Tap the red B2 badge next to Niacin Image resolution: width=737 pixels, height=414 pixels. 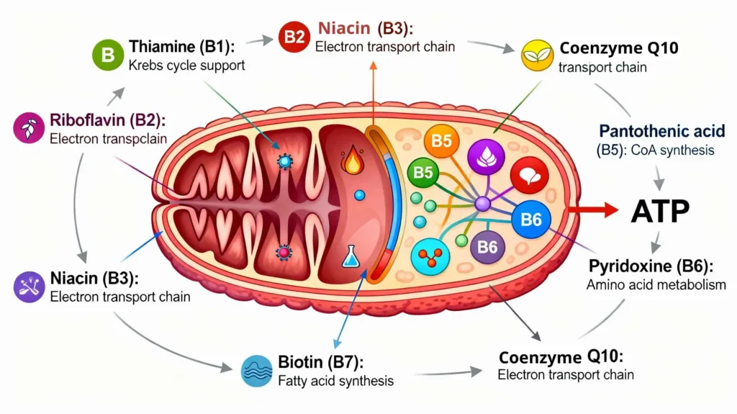tap(294, 38)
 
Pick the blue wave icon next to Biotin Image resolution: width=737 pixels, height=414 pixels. tap(257, 369)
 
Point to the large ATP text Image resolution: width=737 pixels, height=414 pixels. tap(660, 210)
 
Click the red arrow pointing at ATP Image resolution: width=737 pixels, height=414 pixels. tap(593, 210)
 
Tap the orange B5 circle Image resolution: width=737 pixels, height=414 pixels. tap(441, 140)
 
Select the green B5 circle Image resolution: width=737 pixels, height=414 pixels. tap(422, 173)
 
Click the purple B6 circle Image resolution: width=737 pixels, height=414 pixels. tap(487, 247)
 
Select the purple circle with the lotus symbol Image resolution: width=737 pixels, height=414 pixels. tap(483, 156)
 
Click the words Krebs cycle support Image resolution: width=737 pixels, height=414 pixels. tap(187, 66)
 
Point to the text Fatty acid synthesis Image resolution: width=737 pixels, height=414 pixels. tap(335, 380)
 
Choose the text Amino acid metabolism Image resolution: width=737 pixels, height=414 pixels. tap(656, 285)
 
